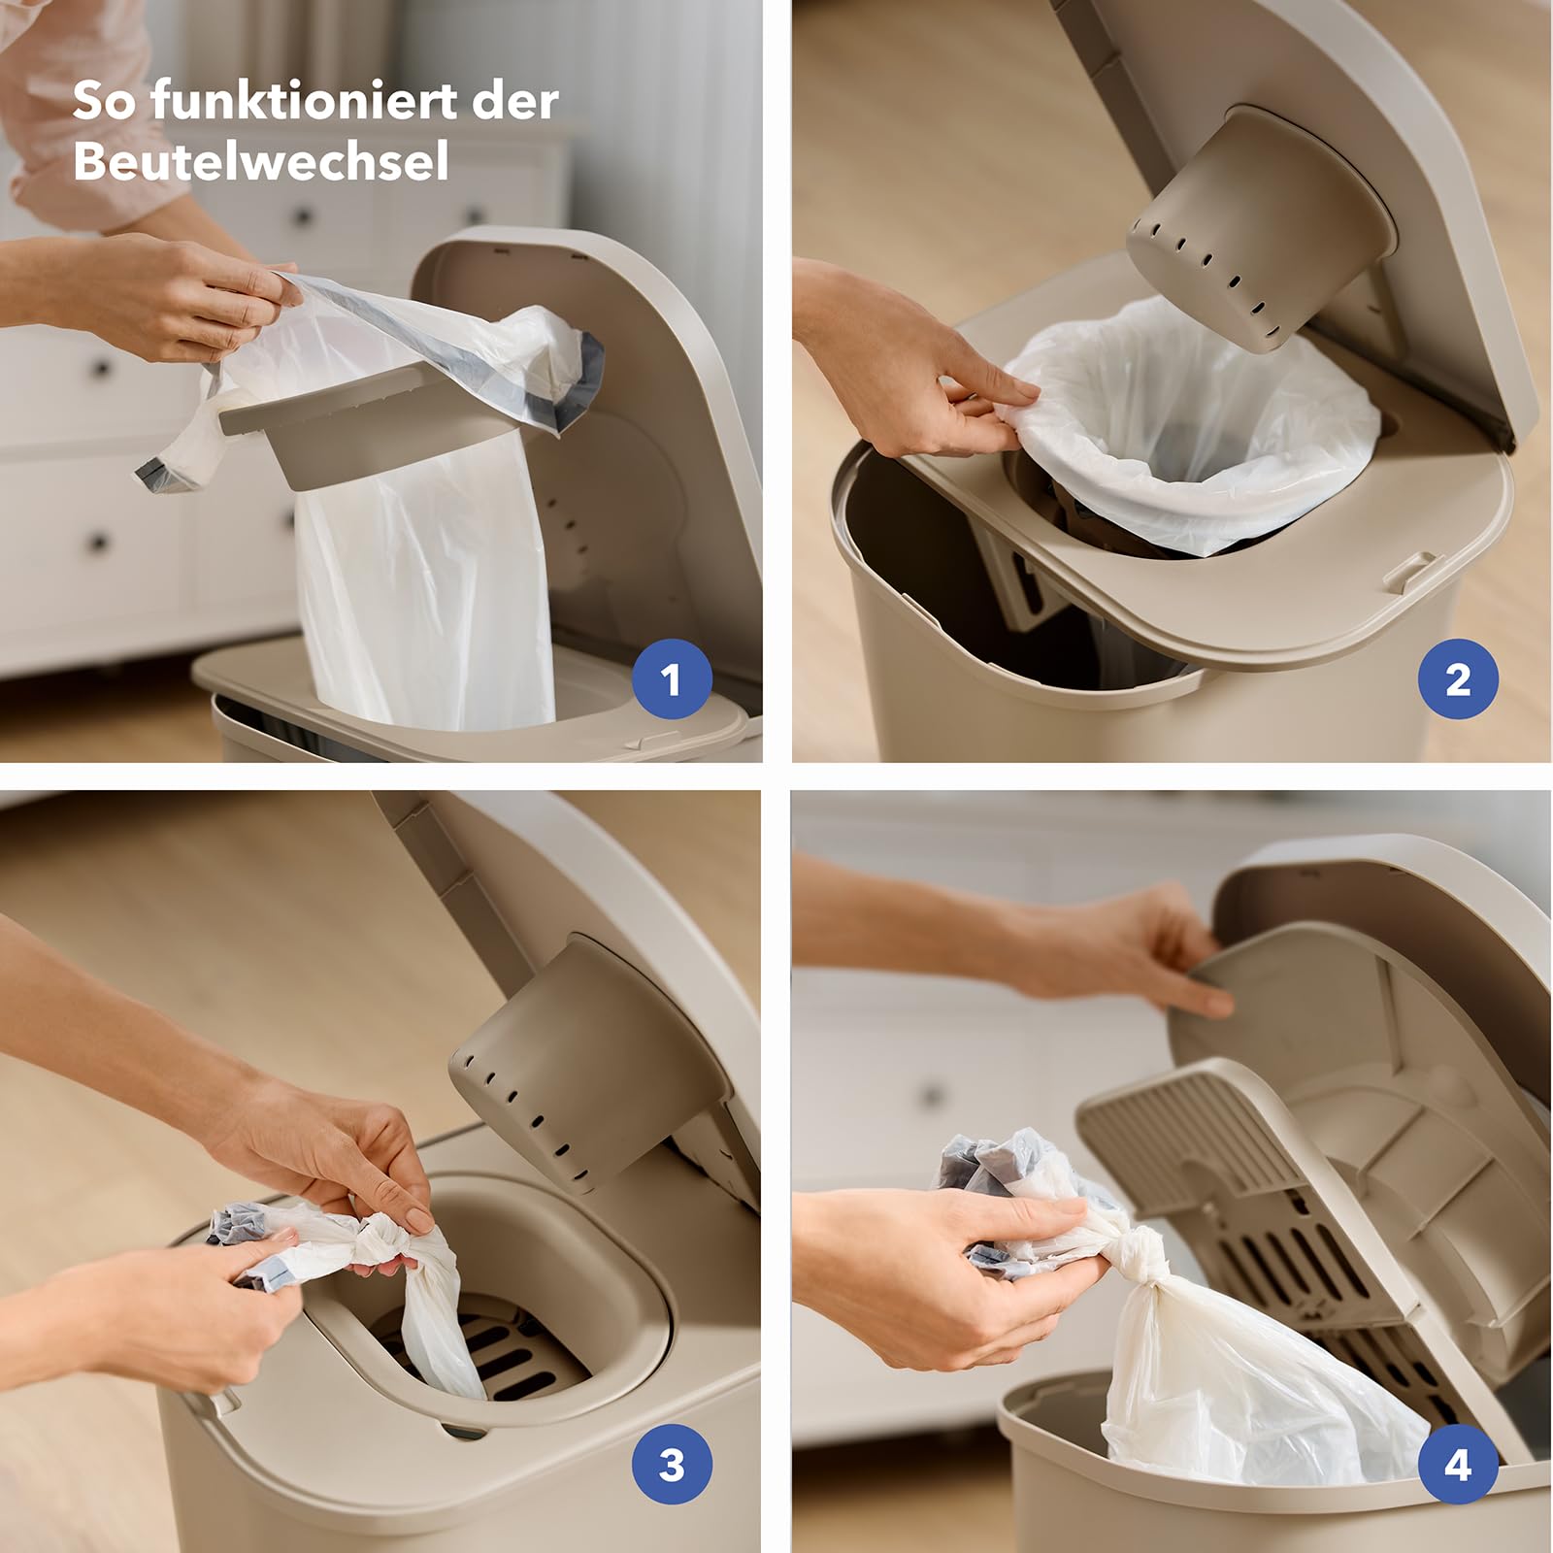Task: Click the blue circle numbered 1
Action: pos(672,679)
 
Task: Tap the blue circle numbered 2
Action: pos(1458,679)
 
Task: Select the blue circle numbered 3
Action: pos(672,1465)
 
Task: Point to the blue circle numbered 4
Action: pos(1458,1465)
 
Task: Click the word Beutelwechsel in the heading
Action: pos(261,161)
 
